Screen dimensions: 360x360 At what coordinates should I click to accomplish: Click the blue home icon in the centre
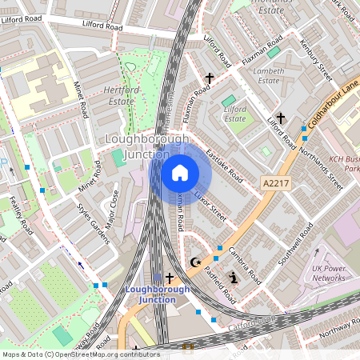click(x=180, y=172)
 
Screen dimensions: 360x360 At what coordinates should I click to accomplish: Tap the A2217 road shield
click(x=275, y=184)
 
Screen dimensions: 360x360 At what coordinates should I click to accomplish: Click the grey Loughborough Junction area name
click(x=148, y=146)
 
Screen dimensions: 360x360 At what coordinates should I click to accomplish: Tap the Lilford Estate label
click(x=235, y=113)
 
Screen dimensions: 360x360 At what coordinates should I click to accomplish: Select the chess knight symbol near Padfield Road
click(x=234, y=278)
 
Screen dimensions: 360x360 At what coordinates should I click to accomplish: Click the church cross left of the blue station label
click(x=169, y=277)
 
